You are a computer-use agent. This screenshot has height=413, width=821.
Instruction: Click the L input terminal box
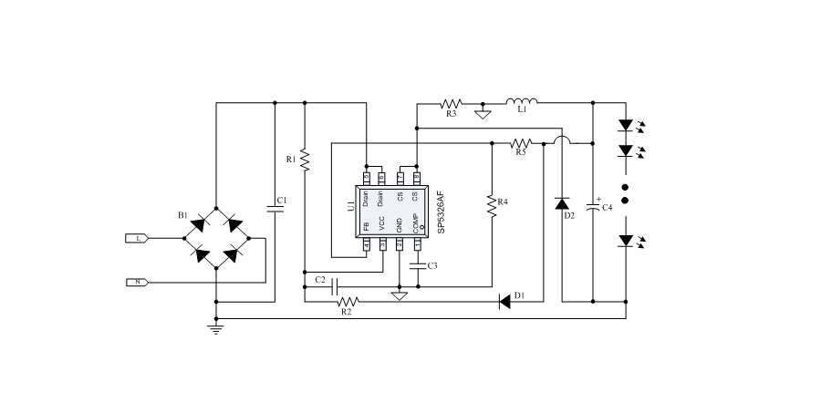(x=137, y=238)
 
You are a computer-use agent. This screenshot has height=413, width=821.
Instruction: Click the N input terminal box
(x=137, y=282)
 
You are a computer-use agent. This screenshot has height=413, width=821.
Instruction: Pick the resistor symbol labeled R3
(x=452, y=103)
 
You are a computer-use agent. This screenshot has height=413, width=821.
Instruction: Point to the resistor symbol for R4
(x=492, y=205)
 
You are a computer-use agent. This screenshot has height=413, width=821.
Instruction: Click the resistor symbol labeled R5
(x=521, y=142)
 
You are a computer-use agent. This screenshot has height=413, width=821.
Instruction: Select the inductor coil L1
(x=522, y=101)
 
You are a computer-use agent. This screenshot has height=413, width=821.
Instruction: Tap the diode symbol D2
(x=564, y=203)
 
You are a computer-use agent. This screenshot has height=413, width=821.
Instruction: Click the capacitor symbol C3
(x=417, y=266)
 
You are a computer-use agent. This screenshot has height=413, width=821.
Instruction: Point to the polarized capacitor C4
(x=594, y=207)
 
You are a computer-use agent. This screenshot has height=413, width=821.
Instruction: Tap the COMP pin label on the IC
(x=416, y=223)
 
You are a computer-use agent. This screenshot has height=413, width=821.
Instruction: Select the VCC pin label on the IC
(x=382, y=224)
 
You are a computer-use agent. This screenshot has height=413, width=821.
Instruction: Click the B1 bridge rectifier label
(x=183, y=216)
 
